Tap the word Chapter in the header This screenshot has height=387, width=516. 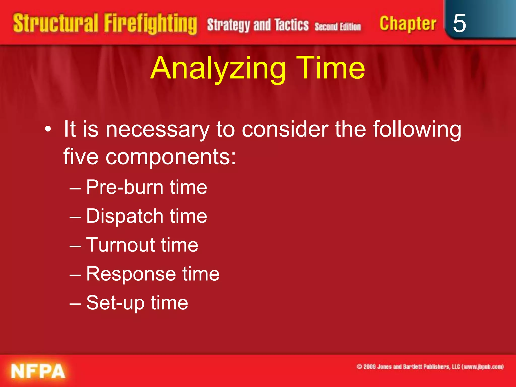tap(408, 24)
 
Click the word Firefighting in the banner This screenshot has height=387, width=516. tap(150, 24)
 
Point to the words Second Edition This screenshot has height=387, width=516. tap(338, 26)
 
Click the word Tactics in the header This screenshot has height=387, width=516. tap(292, 25)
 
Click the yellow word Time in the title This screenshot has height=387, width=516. tap(331, 68)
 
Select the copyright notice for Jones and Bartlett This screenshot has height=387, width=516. tap(430, 367)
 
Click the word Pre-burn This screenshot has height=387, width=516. tap(125, 187)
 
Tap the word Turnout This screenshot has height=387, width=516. tap(120, 245)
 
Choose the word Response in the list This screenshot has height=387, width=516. tap(131, 274)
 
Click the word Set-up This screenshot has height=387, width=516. tap(115, 303)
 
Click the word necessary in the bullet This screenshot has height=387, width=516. tap(157, 130)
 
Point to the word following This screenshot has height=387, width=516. tap(417, 130)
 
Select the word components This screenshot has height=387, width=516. tap(171, 157)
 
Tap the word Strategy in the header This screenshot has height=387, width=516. tap(228, 25)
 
